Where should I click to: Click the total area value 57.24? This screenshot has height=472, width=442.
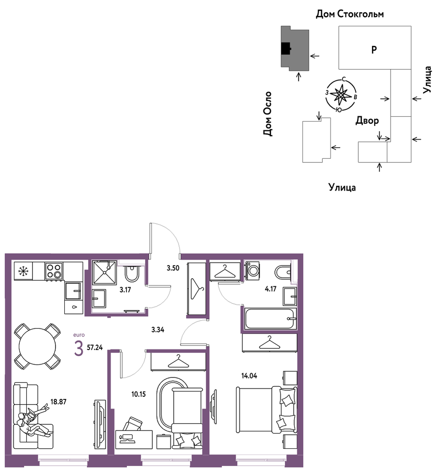pos(95,347)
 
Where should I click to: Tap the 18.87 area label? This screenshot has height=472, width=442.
pos(58,402)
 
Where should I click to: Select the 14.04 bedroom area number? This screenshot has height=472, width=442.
pos(249,376)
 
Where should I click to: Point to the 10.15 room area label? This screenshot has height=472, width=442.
pos(138,394)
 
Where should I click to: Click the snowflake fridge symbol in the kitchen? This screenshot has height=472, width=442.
pos(23,271)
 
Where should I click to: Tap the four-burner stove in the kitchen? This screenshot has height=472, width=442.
pos(54,271)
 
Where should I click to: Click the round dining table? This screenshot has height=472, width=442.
pos(37,346)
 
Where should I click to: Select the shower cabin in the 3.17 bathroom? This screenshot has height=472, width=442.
pos(105,273)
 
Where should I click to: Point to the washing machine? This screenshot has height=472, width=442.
pos(253,271)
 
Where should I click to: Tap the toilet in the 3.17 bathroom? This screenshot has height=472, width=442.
pos(132,273)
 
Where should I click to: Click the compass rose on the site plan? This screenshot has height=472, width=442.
pos(340,95)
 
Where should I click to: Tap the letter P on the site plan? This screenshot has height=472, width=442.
pos(374,49)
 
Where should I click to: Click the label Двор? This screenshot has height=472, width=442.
pos(367,120)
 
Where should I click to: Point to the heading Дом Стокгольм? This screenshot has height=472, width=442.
pos(350,14)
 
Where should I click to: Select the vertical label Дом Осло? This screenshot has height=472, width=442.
pos(267,114)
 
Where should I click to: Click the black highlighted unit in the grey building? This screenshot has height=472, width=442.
pos(285,49)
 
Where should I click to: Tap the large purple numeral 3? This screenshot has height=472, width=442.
pos(79,349)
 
